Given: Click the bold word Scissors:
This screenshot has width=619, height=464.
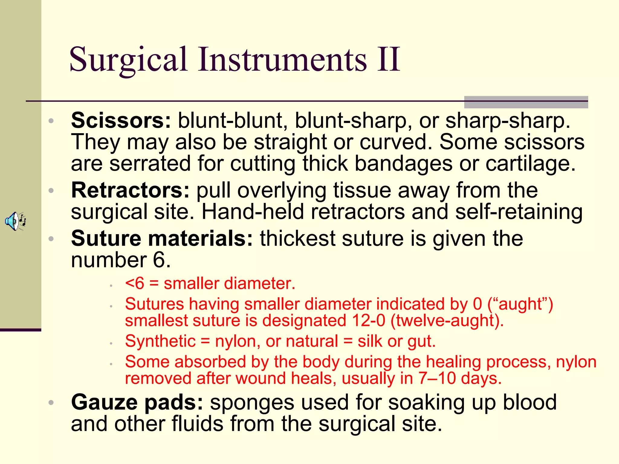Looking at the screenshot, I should tap(121, 121).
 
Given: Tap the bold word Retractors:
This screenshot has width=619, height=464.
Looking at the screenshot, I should tap(130, 191).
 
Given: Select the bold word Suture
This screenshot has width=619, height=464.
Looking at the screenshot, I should tap(106, 239).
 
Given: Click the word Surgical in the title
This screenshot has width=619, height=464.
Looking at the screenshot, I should tap(128, 60).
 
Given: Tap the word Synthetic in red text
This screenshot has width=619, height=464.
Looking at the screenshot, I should tap(160, 341).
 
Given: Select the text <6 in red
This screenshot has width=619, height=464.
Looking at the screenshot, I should tap(134, 284).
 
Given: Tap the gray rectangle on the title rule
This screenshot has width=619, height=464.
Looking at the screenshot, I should tap(526, 102).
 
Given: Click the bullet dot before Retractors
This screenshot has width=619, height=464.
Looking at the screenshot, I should tap(51, 191).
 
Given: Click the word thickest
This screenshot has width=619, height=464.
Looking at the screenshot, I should tap(297, 239).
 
